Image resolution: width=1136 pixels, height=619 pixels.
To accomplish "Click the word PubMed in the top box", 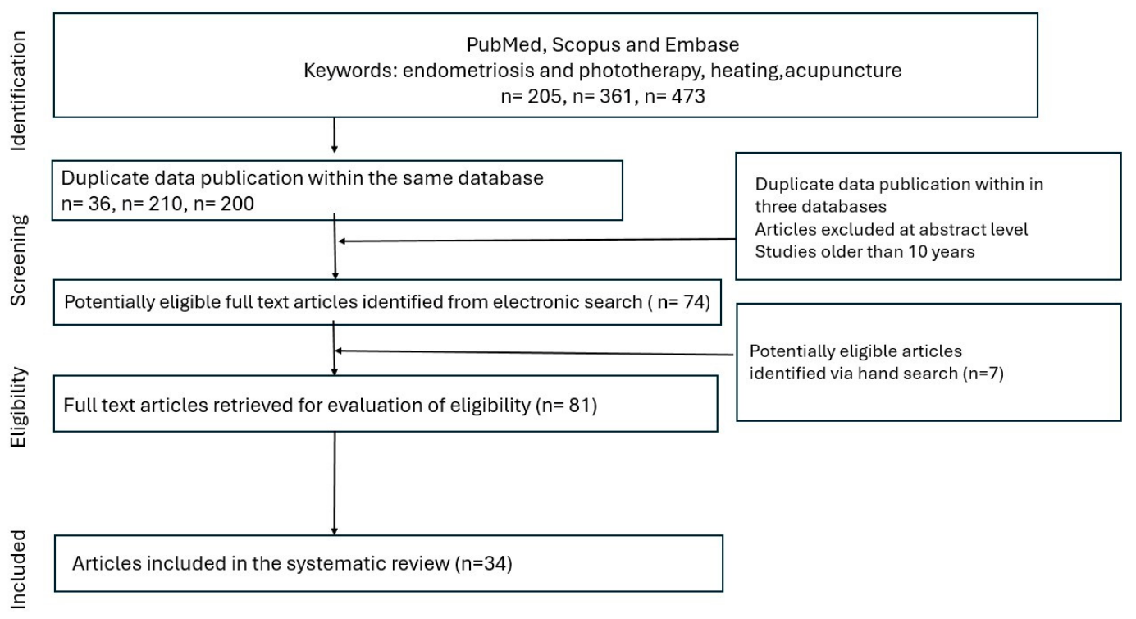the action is click(505, 44).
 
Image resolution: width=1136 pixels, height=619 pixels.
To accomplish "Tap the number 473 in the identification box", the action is click(687, 96).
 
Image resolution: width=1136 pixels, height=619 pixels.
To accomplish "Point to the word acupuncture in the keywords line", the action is click(843, 71).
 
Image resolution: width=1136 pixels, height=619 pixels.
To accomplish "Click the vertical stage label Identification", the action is click(18, 91).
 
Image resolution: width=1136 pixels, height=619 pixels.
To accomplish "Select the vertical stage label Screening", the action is click(18, 260).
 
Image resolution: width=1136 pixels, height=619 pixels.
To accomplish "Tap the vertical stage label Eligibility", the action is click(18, 407).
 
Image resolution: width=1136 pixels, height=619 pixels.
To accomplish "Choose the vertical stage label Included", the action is click(18, 569).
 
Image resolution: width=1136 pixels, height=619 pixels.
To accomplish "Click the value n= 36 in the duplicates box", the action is click(85, 204).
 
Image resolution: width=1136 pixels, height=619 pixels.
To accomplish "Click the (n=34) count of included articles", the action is click(484, 564).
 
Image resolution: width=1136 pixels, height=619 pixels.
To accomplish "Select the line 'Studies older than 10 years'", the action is click(865, 252).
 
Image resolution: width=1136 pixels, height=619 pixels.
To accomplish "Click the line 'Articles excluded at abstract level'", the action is click(892, 230).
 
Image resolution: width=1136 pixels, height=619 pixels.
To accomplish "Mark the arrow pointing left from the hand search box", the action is click(535, 353).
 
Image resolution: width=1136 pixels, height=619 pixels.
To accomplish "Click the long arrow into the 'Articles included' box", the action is click(335, 484).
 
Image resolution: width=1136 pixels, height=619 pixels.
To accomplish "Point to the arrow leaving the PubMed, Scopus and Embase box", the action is click(334, 135).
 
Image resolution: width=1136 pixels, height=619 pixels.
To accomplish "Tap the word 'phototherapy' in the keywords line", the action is click(641, 71).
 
